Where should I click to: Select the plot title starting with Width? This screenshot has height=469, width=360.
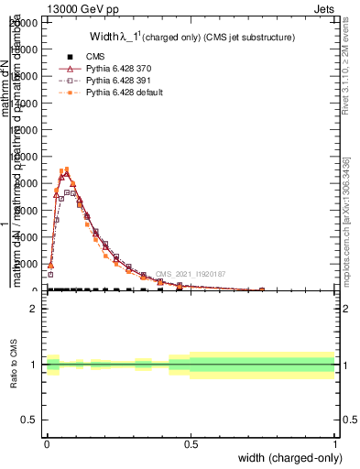click(191, 38)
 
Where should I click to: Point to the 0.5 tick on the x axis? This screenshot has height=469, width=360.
click(191, 444)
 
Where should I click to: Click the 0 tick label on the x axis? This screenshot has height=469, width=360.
click(47, 444)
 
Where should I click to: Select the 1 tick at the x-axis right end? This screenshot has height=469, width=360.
click(335, 444)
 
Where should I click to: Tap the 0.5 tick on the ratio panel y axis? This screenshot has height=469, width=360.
click(29, 420)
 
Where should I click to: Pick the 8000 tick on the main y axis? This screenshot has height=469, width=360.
click(27, 183)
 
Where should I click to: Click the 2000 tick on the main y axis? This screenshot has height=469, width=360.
click(27, 264)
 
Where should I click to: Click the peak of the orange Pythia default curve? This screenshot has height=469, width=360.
click(67, 169)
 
